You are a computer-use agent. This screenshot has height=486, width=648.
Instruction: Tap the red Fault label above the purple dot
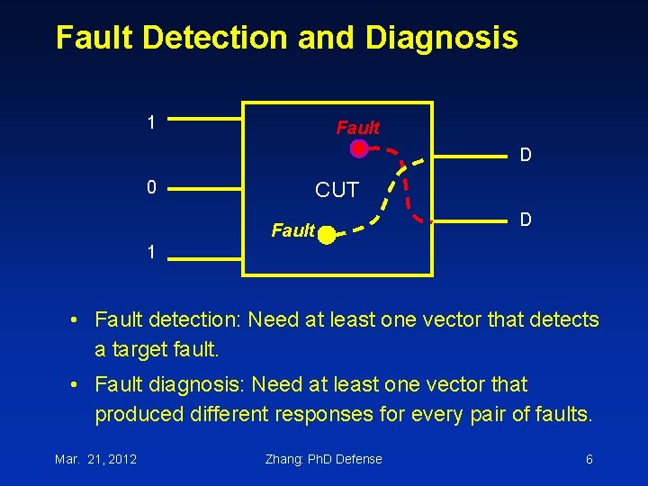357,128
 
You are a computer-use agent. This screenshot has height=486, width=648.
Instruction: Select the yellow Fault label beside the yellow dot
292,231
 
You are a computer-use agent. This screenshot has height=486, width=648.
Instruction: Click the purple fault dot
359,149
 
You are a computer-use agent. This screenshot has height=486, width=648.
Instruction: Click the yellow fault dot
326,237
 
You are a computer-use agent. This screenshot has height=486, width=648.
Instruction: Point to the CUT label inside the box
337,190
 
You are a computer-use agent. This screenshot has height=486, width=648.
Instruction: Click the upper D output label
526,155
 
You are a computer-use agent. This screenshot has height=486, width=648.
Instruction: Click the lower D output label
526,220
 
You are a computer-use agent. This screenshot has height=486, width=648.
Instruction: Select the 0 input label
152,187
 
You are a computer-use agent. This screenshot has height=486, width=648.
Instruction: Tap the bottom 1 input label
152,253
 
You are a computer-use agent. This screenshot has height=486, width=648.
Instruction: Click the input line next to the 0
206,189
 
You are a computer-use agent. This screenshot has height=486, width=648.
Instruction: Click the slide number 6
589,459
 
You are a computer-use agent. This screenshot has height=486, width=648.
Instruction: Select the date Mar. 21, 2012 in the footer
95,459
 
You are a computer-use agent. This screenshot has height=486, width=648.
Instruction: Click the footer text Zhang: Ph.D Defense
323,459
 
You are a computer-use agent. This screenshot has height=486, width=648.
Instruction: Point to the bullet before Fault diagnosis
79,384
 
